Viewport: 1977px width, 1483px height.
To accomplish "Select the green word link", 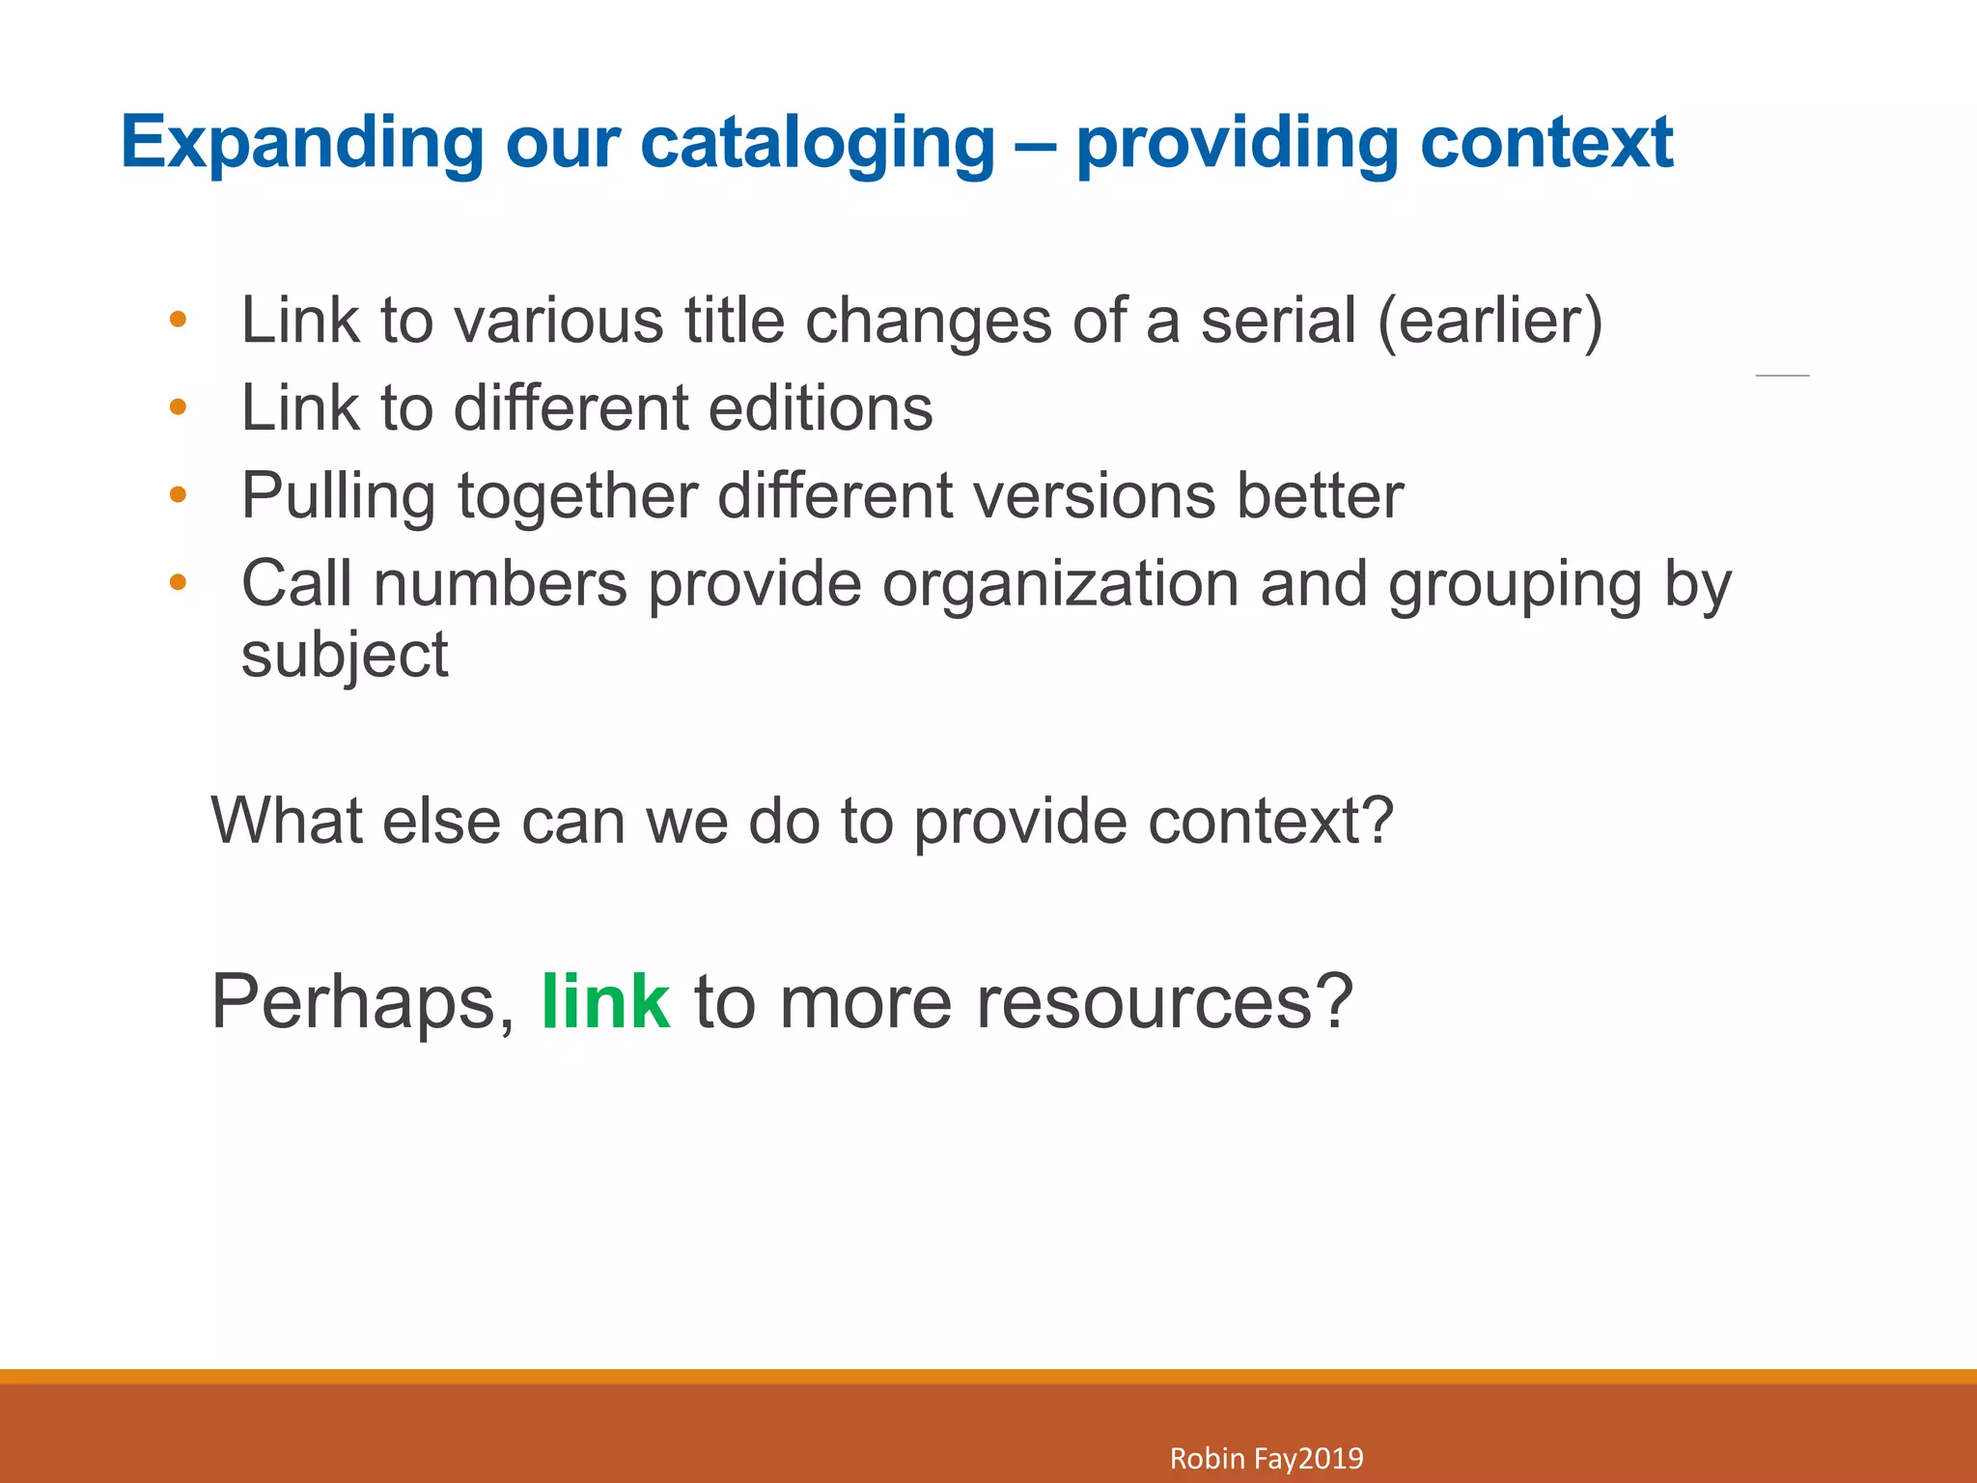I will click(x=605, y=1002).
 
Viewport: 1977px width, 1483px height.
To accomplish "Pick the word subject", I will click(x=345, y=657).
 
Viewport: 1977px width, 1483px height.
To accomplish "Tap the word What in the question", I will click(x=287, y=821).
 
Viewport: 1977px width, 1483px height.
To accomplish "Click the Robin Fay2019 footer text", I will click(x=1266, y=1458).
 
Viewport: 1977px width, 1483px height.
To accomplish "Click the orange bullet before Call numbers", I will click(x=177, y=582).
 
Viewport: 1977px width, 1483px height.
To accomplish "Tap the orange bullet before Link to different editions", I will click(x=177, y=407).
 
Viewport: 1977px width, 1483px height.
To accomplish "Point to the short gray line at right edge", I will click(x=1781, y=375).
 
